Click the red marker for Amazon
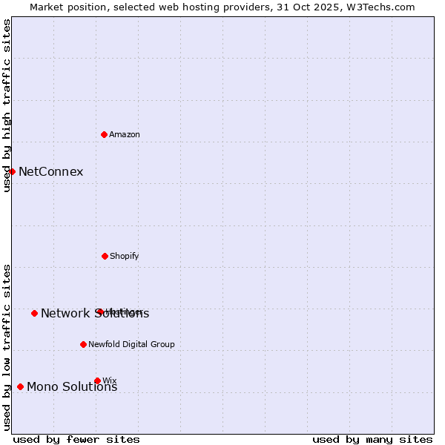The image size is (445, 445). pyautogui.click(x=105, y=134)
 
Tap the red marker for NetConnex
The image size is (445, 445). pyautogui.click(x=12, y=171)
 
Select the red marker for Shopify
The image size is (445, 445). pyautogui.click(x=105, y=256)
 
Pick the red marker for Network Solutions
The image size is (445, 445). pyautogui.click(x=34, y=313)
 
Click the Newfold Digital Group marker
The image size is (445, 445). pyautogui.click(x=83, y=344)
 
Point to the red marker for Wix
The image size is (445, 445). pyautogui.click(x=97, y=380)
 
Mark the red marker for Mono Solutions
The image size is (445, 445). pyautogui.click(x=20, y=386)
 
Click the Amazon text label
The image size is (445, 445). pyautogui.click(x=125, y=134)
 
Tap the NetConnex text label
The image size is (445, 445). pyautogui.click(x=50, y=172)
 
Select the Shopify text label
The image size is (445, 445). pyautogui.click(x=125, y=256)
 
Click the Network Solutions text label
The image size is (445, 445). pyautogui.click(x=95, y=314)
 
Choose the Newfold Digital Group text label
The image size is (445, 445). pyautogui.click(x=131, y=344)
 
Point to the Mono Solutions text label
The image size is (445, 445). pyautogui.click(x=72, y=386)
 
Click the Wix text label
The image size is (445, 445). pyautogui.click(x=110, y=380)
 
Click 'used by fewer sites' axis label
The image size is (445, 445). pyautogui.click(x=76, y=439)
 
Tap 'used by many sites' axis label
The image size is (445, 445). pyautogui.click(x=372, y=439)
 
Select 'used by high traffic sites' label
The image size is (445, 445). pyautogui.click(x=7, y=105)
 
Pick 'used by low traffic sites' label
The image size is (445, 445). pyautogui.click(x=7, y=346)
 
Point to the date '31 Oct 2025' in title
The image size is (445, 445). pyautogui.click(x=306, y=7)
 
